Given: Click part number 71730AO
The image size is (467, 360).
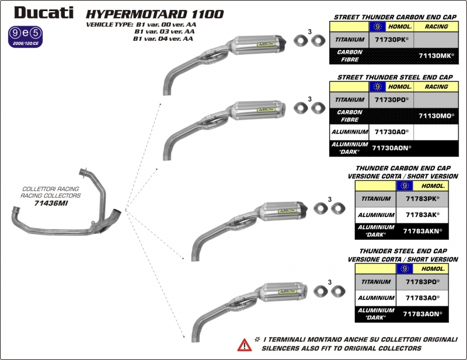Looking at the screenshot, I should pyautogui.click(x=391, y=132).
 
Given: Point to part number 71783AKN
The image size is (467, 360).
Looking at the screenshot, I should pyautogui.click(x=423, y=231).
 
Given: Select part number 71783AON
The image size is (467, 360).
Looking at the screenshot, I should pyautogui.click(x=423, y=313).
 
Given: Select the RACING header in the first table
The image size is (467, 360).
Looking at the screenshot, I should pyautogui.click(x=436, y=26).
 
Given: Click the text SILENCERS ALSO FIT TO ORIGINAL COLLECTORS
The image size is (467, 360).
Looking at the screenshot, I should pyautogui.click(x=341, y=348).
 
